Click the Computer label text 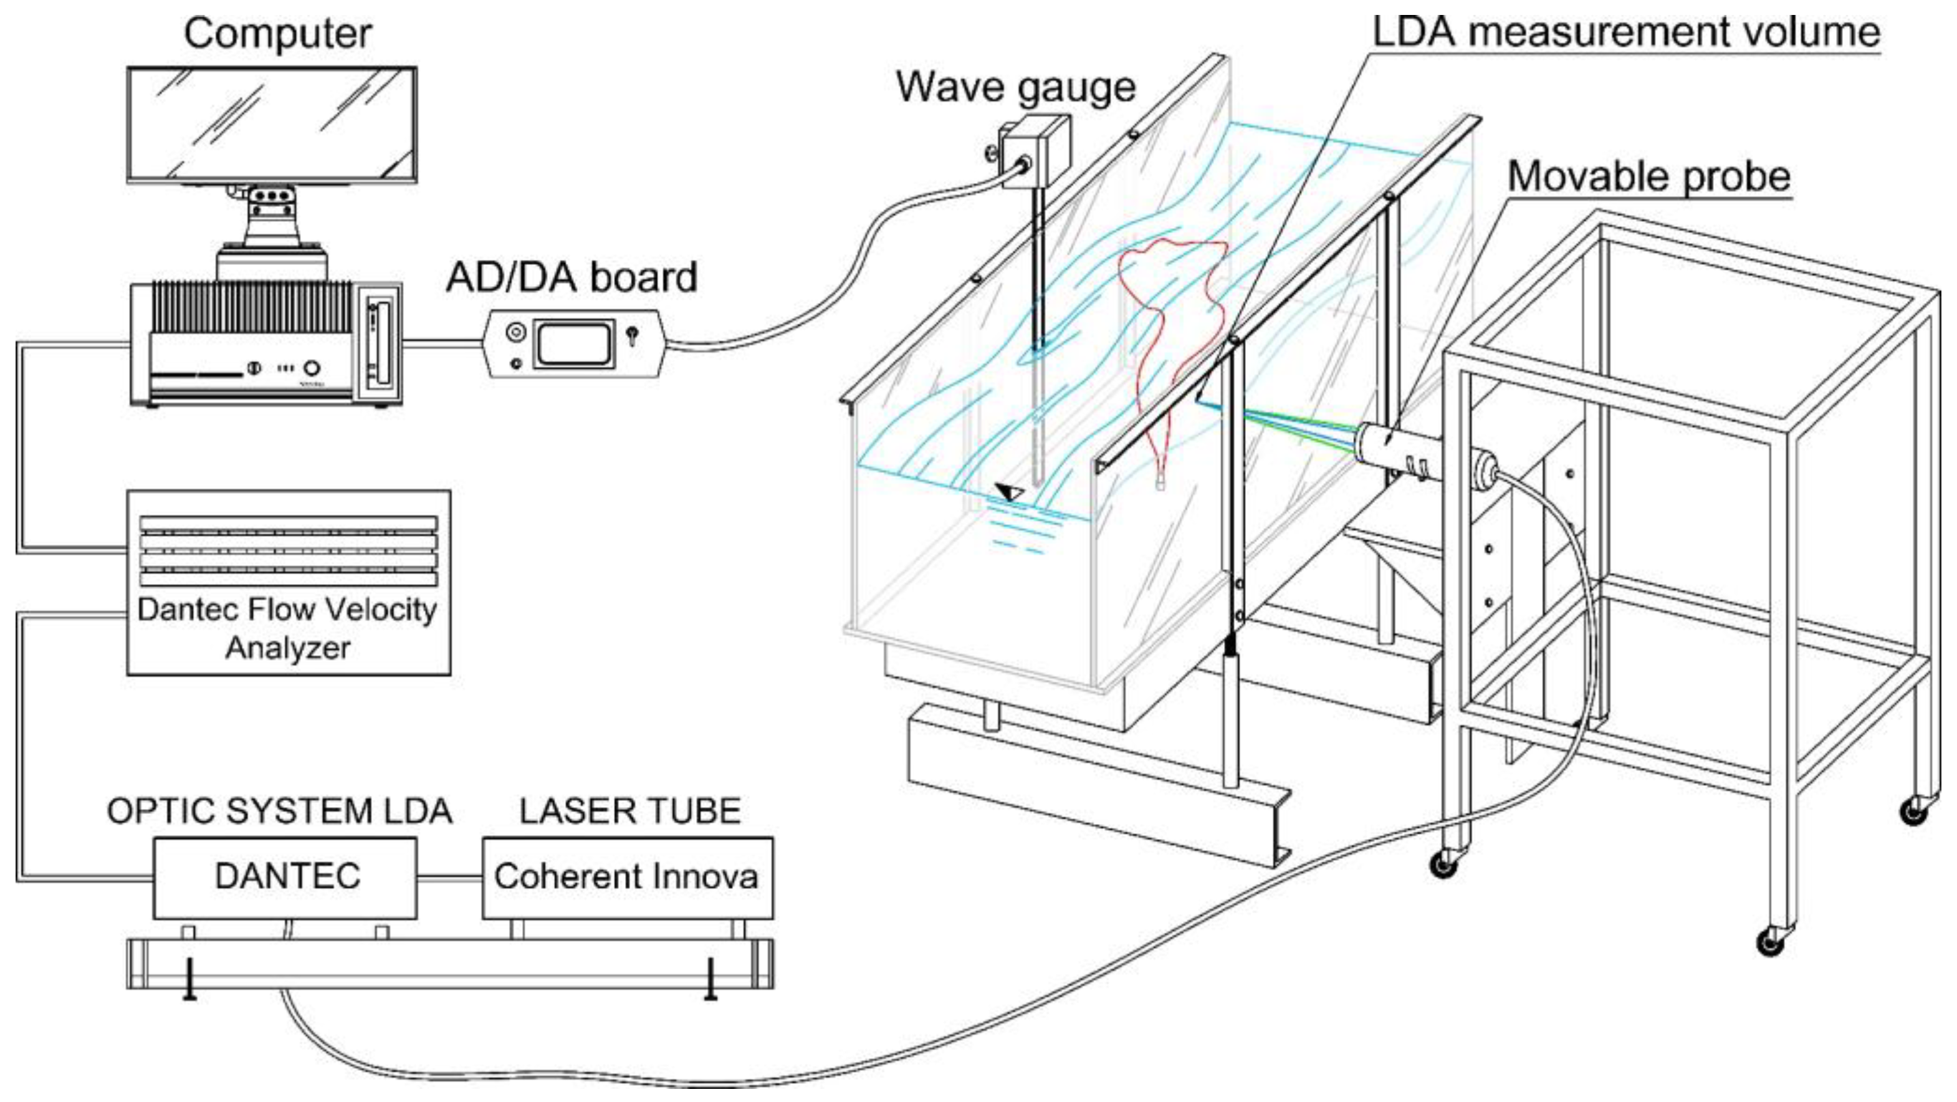(277, 34)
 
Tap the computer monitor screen (271, 125)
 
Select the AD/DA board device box (575, 343)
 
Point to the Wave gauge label (1015, 87)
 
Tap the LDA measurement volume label (1626, 32)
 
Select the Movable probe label (1648, 176)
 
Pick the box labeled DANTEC (285, 877)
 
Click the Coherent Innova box (627, 877)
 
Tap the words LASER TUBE (630, 812)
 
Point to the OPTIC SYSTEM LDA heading (280, 812)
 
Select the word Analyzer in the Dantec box (287, 648)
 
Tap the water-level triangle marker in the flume (1010, 492)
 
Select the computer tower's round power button (311, 368)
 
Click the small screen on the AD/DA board (575, 343)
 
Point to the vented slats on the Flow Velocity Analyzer (289, 551)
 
